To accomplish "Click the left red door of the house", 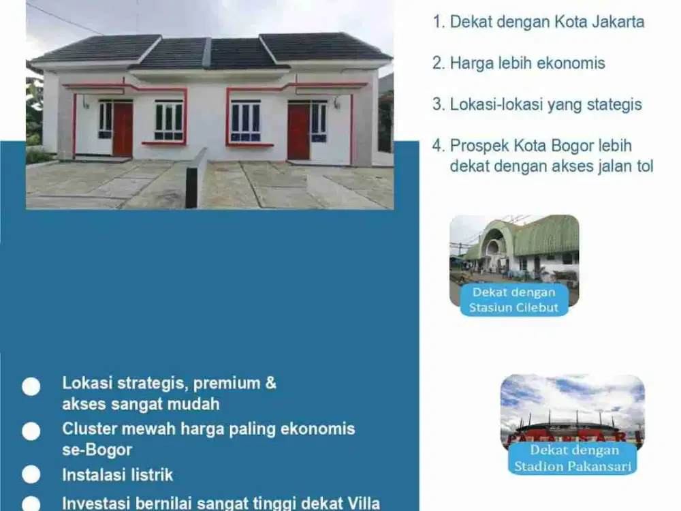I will tap(123, 129).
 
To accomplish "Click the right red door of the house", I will tap(298, 131).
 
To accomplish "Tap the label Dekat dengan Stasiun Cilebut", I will tap(513, 300).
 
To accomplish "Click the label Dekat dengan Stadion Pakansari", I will tap(572, 459).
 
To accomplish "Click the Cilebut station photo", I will tap(514, 249).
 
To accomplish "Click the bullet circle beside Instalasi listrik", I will tap(31, 475).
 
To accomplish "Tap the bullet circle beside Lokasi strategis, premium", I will tap(31, 386).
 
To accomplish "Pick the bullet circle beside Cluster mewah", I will tap(31, 431).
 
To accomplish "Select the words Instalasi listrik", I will tap(118, 475).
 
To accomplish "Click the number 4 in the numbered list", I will tap(437, 146).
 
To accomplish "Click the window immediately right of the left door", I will tap(169, 121).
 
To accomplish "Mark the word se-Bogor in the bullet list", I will tap(97, 450).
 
